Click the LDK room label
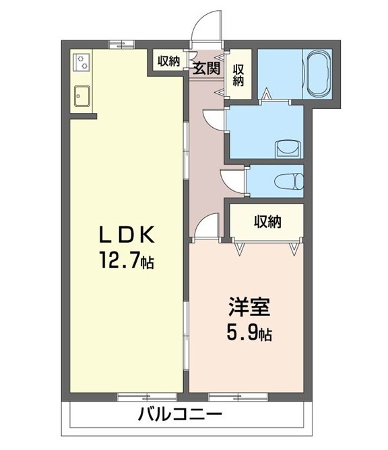[128, 234]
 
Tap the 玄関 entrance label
[207, 67]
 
